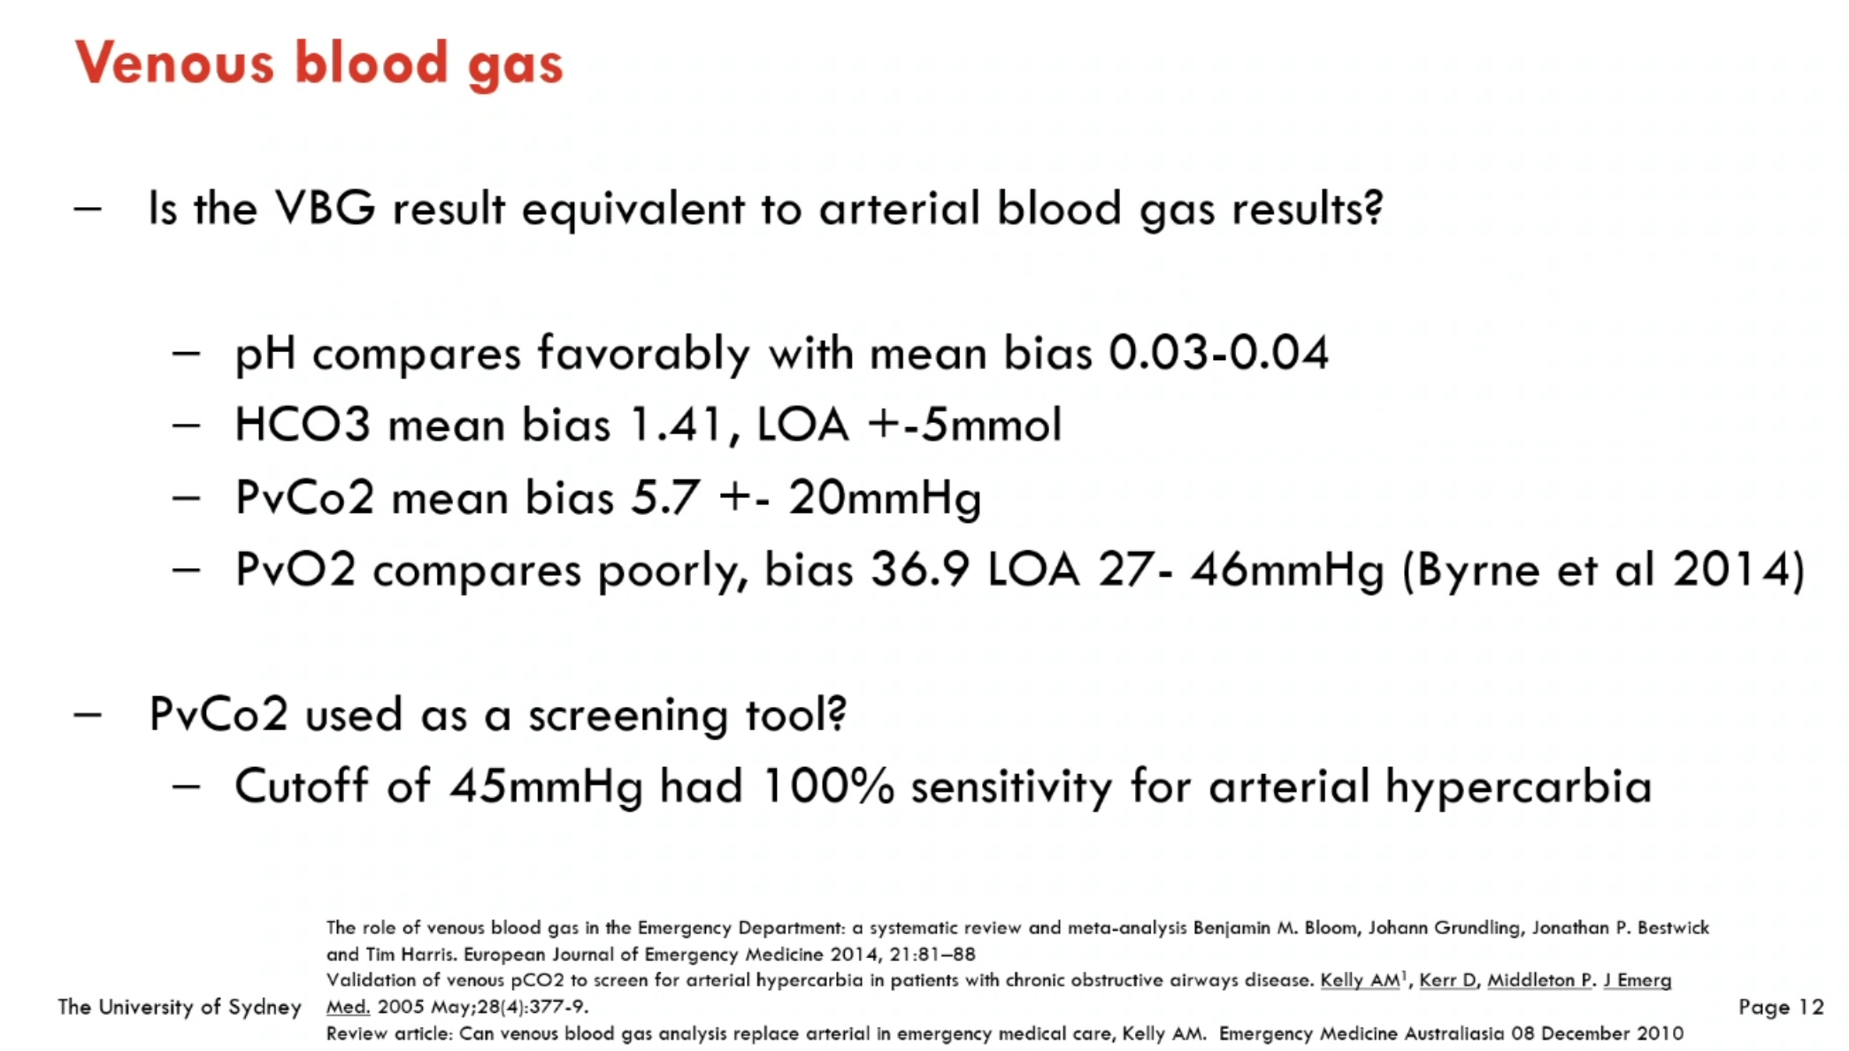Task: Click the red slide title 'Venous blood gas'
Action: tap(319, 64)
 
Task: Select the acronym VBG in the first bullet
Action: tap(326, 209)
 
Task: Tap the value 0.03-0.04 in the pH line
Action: tap(1219, 353)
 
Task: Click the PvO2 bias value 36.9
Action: tap(920, 570)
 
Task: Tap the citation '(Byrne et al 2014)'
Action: tap(1604, 570)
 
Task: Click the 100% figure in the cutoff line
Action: tap(828, 786)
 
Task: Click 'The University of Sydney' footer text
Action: tap(180, 1007)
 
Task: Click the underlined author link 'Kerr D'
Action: tap(1448, 980)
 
